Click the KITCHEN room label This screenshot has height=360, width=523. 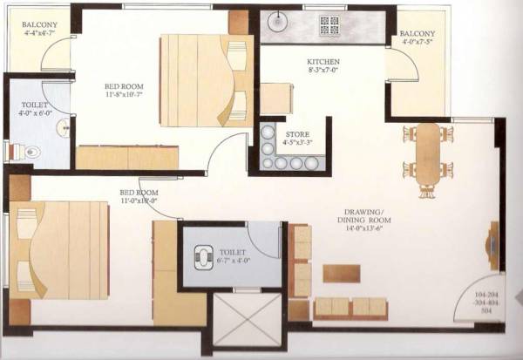pos(316,60)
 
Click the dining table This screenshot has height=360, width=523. pos(427,154)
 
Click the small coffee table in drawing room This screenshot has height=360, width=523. pos(341,273)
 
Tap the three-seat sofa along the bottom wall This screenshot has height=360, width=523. pos(349,309)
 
